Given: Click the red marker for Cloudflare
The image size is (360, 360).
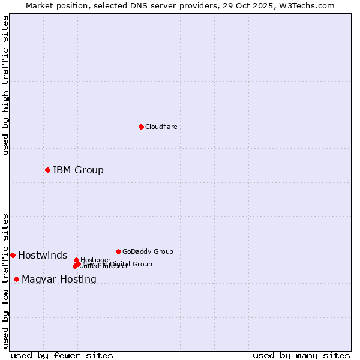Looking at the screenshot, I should tap(141, 127).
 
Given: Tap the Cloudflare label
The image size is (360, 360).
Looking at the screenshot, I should tap(161, 127).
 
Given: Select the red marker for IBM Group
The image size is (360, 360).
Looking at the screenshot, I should tap(47, 170).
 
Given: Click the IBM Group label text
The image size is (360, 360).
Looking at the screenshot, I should tap(78, 170).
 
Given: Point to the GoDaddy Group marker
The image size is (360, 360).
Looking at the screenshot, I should tap(118, 251).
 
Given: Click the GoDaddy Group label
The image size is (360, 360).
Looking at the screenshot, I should tap(148, 251).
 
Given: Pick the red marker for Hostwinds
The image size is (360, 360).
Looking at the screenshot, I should tap(13, 255).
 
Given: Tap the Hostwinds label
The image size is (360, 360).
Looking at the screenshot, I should tap(43, 256).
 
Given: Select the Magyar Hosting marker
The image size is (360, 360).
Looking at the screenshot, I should tap(16, 279).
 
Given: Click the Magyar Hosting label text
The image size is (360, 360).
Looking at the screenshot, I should tap(59, 280).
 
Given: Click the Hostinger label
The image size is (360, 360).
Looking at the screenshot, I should tap(95, 260).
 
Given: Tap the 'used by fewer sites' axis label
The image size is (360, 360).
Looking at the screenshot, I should tap(62, 355).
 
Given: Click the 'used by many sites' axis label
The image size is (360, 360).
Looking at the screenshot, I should tap(301, 355).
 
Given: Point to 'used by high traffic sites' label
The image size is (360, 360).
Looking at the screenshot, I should tap(5, 85).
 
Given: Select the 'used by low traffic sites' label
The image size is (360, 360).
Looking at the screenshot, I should tap(5, 280).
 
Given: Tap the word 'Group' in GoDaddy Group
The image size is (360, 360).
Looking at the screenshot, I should tap(163, 251).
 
